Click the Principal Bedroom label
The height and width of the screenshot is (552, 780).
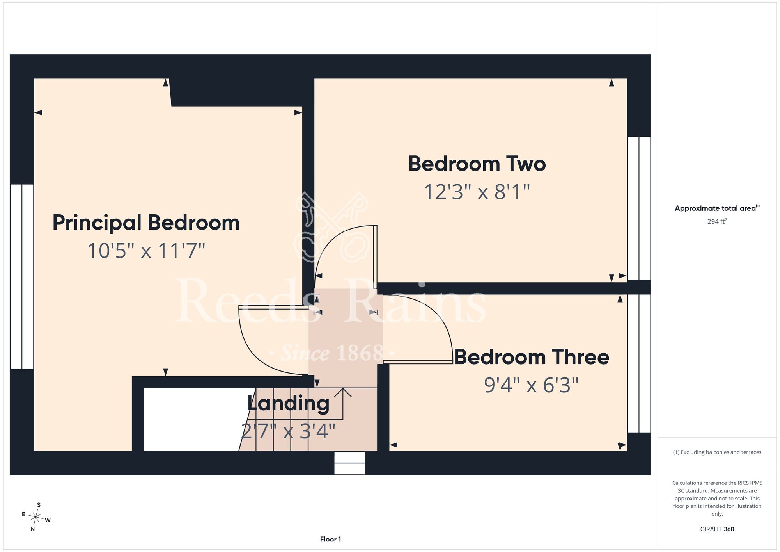(x=146, y=223)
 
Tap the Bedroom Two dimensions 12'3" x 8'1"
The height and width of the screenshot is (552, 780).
(x=477, y=192)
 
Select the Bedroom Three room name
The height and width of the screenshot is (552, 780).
(x=532, y=357)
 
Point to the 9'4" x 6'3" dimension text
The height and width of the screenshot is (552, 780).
(x=531, y=385)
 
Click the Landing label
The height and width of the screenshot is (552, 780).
(x=289, y=404)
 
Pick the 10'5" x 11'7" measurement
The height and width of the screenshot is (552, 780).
(x=146, y=251)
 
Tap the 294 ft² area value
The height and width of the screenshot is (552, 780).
(x=717, y=221)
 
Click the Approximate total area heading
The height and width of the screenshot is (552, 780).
(x=717, y=208)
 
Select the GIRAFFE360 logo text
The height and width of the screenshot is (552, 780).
(x=717, y=529)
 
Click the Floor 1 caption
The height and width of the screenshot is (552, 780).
(x=330, y=539)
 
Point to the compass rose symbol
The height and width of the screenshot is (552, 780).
(x=35, y=517)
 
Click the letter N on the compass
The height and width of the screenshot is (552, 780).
(x=33, y=529)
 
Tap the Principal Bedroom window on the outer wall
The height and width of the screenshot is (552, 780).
(x=22, y=277)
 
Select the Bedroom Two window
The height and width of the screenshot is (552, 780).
(x=639, y=208)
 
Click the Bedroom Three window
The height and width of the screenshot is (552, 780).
(x=639, y=363)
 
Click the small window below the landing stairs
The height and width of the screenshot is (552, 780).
(x=349, y=463)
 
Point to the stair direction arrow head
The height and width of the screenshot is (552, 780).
(x=343, y=392)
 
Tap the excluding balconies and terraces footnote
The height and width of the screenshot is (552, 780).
(x=717, y=452)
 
